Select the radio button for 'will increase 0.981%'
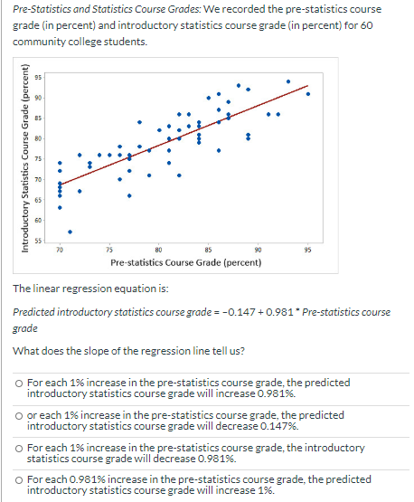point(20,384)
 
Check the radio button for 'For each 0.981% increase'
point(20,479)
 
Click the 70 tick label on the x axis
point(60,248)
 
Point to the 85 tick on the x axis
point(209,248)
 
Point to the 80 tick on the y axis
point(41,138)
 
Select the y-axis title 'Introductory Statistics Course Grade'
point(24,159)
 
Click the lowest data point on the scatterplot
point(71,230)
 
